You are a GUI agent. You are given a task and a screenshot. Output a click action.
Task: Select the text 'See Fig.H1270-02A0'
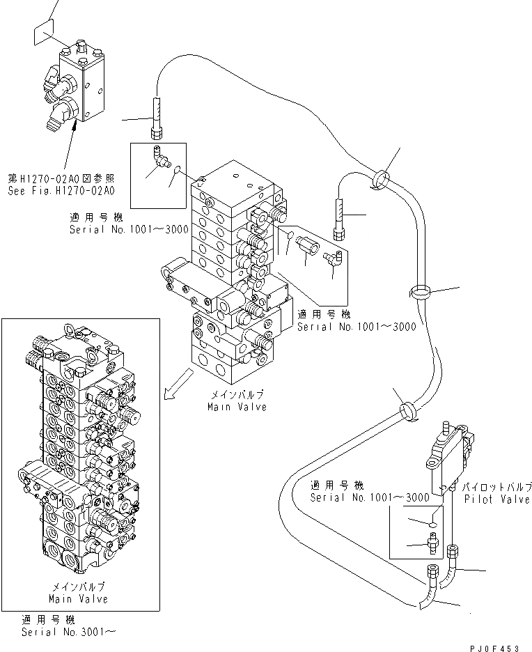click(x=61, y=190)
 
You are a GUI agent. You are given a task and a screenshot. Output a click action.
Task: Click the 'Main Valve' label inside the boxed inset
click(x=78, y=598)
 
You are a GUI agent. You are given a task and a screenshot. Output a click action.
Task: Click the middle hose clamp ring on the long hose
click(x=421, y=293)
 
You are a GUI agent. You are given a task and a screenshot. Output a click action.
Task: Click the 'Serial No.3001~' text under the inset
click(x=68, y=632)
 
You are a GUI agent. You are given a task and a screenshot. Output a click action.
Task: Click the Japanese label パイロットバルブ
click(x=499, y=486)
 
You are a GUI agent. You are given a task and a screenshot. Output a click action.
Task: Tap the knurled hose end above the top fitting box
click(x=157, y=113)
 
